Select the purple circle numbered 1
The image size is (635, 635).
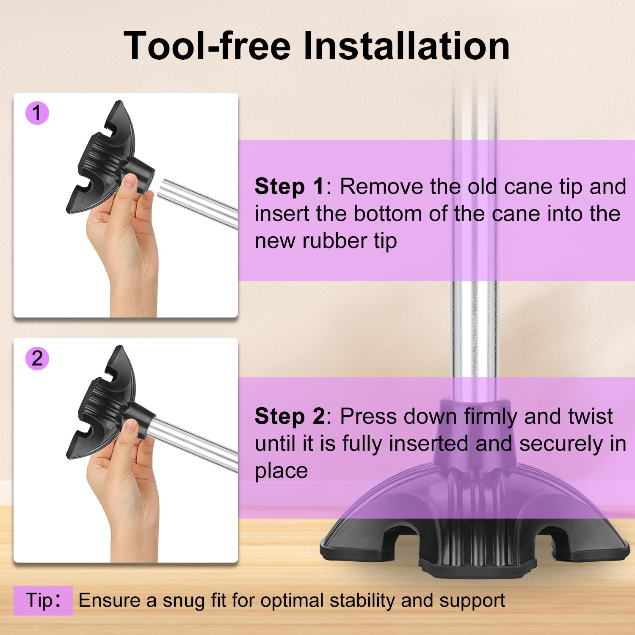coord(37,113)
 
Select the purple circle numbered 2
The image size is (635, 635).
coord(37,359)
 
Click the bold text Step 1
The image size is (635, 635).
coord(290,187)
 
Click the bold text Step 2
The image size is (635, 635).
coord(290,417)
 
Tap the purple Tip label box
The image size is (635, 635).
coord(43,600)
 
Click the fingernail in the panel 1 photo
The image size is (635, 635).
coord(130,182)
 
